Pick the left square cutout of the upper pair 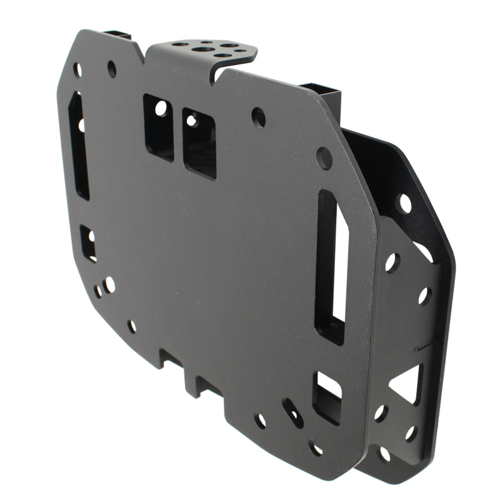pos(159,127)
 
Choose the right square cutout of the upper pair pos(199,143)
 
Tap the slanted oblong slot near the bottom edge pos(292,413)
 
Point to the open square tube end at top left pos(117,34)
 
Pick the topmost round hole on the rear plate pos(404,203)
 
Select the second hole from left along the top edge pos(112,68)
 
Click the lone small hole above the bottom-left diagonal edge pos(132,326)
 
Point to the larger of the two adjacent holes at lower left pos(109,284)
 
